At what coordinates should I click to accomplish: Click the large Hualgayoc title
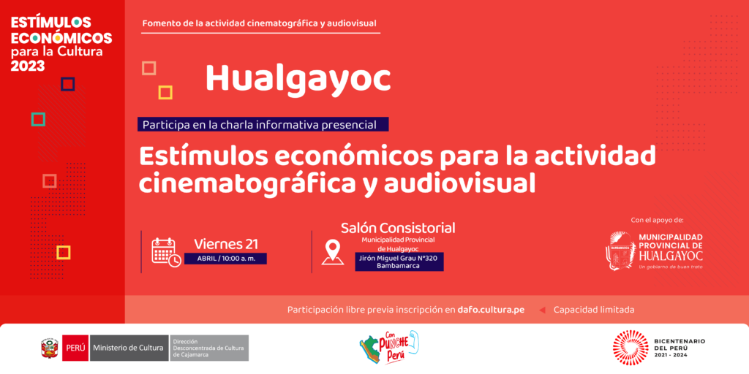(x=298, y=79)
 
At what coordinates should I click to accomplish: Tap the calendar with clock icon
(x=166, y=252)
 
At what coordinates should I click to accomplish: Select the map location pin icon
(x=333, y=252)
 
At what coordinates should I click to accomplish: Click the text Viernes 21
(x=226, y=244)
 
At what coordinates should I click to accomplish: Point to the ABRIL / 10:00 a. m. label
(x=225, y=259)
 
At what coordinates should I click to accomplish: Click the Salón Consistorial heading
(x=398, y=228)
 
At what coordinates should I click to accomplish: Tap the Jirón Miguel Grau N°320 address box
(x=399, y=262)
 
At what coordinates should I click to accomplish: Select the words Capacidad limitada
(x=594, y=310)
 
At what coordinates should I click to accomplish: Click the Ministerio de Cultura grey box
(x=129, y=348)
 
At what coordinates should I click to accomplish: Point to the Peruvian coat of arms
(x=50, y=348)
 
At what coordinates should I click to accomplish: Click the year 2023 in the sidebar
(x=28, y=66)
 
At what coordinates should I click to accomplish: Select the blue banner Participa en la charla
(x=263, y=124)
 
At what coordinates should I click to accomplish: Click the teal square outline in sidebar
(x=38, y=119)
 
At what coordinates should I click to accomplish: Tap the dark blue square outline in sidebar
(x=68, y=85)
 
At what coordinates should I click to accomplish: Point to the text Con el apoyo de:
(x=658, y=220)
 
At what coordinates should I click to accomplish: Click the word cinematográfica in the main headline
(x=255, y=183)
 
